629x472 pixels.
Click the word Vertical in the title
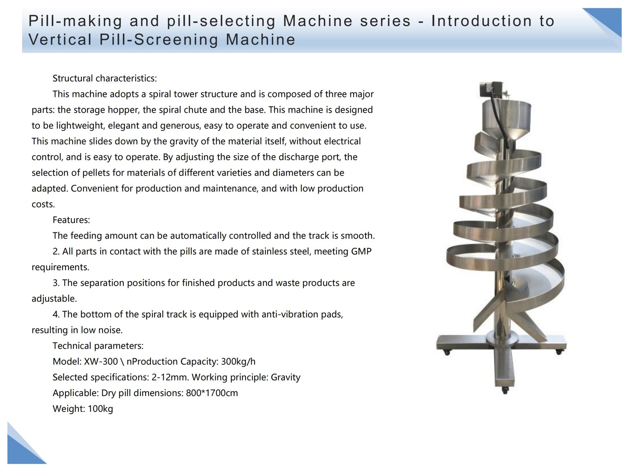click(x=60, y=40)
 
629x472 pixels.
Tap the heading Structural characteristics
click(x=105, y=79)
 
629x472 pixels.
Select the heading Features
click(x=71, y=220)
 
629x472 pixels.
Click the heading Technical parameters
click(x=98, y=346)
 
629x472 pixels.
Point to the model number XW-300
click(x=101, y=362)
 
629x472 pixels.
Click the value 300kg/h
click(x=238, y=362)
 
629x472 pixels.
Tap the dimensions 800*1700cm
click(x=212, y=393)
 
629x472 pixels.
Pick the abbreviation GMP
click(x=361, y=251)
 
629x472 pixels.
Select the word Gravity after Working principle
click(x=286, y=378)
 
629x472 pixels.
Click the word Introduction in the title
click(x=482, y=21)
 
